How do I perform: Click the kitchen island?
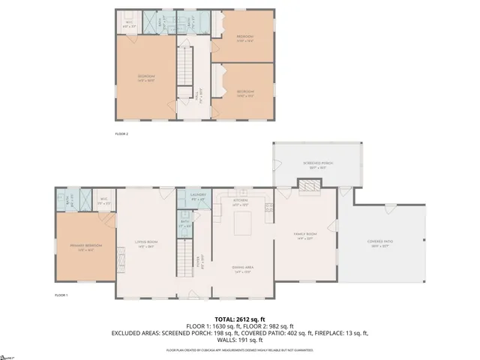pos(243,223)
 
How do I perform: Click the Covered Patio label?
pos(380,242)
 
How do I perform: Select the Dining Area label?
pos(241,271)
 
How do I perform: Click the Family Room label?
pos(305,236)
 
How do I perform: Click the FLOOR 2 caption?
pos(121,133)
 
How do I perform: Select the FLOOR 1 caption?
pos(61,295)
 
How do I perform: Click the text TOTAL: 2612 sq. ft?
pos(240,319)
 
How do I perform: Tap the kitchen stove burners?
pos(269,208)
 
